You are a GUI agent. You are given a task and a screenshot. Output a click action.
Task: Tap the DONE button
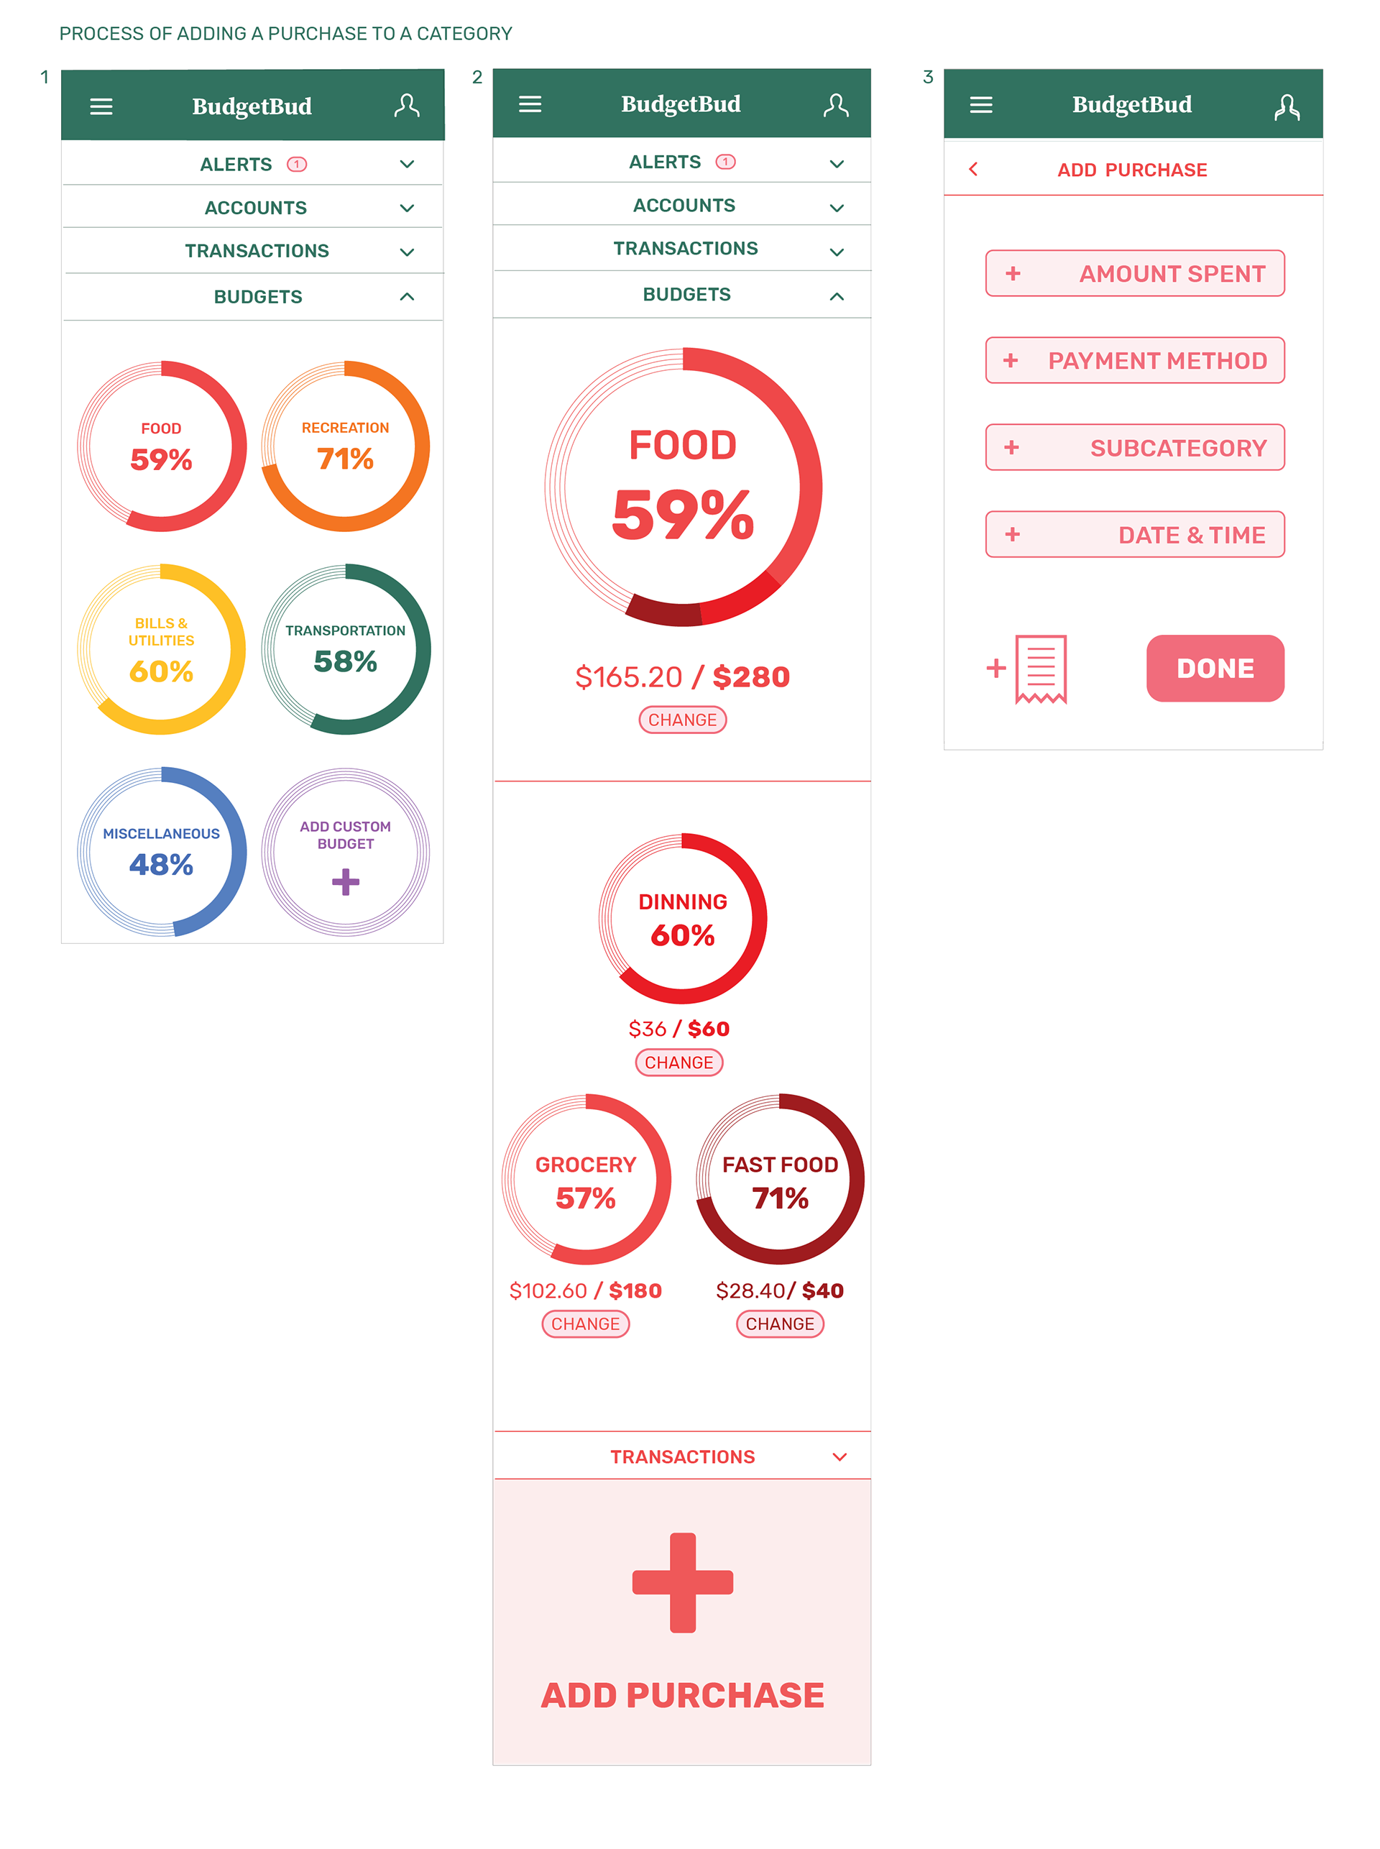pyautogui.click(x=1215, y=669)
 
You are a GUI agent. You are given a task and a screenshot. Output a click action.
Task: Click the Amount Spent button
pyautogui.click(x=1134, y=273)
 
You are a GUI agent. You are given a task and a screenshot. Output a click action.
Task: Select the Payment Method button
pyautogui.click(x=1134, y=361)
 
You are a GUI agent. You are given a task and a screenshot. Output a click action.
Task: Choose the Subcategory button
pyautogui.click(x=1134, y=448)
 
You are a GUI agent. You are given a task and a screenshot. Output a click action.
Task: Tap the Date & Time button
pyautogui.click(x=1134, y=535)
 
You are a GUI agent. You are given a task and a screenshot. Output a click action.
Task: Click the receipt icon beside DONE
pyautogui.click(x=1040, y=669)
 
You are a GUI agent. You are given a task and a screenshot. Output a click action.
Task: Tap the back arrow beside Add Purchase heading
pyautogui.click(x=973, y=170)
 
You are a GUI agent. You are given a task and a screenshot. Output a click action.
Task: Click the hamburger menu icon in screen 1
pyautogui.click(x=101, y=107)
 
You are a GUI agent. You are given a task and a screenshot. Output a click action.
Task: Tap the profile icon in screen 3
pyautogui.click(x=1287, y=107)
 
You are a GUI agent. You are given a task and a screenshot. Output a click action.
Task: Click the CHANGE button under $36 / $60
pyautogui.click(x=678, y=1063)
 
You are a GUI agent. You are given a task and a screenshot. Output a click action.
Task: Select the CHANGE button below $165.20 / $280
pyautogui.click(x=683, y=720)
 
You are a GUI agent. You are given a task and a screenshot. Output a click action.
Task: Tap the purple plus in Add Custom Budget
pyautogui.click(x=345, y=881)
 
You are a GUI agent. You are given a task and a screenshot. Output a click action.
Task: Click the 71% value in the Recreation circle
pyautogui.click(x=345, y=459)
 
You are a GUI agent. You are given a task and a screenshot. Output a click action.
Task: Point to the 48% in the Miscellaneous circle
pyautogui.click(x=161, y=865)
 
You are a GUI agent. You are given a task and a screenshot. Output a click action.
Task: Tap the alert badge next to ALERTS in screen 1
pyautogui.click(x=297, y=165)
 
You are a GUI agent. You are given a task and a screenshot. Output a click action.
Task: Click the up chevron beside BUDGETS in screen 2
pyautogui.click(x=836, y=295)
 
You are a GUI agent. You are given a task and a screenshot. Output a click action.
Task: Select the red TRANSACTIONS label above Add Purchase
pyautogui.click(x=683, y=1457)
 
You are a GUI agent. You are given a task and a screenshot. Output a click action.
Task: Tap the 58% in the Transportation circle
pyautogui.click(x=345, y=661)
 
